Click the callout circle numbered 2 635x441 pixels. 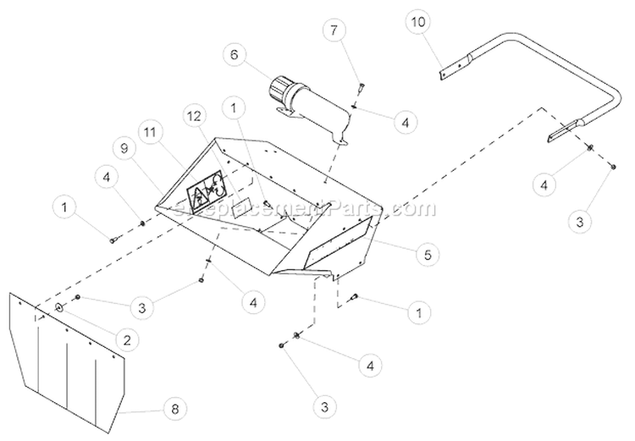(x=127, y=339)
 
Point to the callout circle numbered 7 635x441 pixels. (x=335, y=30)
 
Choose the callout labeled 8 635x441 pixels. (x=176, y=409)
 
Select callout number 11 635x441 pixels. (x=151, y=132)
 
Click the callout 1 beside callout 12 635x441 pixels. (x=233, y=108)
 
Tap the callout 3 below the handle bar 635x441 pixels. (x=579, y=222)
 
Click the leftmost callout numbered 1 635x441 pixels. (x=66, y=205)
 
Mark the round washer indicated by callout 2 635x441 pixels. (x=60, y=307)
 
